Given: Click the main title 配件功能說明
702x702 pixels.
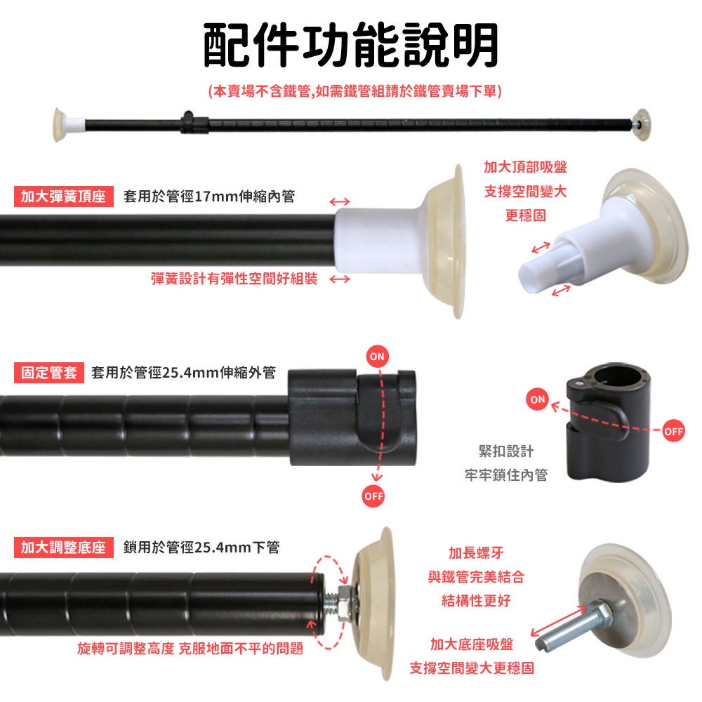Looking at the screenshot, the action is (x=351, y=45).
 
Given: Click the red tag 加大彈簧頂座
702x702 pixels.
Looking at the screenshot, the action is (x=64, y=196).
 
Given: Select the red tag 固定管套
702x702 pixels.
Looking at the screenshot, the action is (x=49, y=373).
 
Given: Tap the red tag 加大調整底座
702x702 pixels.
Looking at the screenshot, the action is (x=64, y=547).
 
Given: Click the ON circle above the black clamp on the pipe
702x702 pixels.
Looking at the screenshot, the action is (x=378, y=357).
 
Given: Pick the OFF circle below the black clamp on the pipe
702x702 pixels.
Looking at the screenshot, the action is (x=373, y=496).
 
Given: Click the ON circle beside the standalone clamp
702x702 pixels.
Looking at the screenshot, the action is (x=538, y=399).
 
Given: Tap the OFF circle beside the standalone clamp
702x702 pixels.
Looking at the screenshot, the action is (x=673, y=431).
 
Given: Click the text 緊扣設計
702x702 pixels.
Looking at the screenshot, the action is (x=506, y=451).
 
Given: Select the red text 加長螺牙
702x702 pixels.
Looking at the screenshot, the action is (x=476, y=553).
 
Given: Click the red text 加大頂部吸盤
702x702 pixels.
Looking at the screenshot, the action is (x=525, y=167).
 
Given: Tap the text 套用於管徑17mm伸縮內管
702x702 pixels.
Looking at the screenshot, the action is (x=209, y=196).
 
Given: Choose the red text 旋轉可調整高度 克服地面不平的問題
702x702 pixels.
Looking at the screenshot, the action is (x=190, y=648).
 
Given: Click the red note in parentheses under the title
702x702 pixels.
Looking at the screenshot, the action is (x=355, y=91).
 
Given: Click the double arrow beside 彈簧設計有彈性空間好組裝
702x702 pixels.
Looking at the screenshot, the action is (x=339, y=279).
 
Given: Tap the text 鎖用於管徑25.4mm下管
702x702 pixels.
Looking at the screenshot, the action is (x=201, y=547).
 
